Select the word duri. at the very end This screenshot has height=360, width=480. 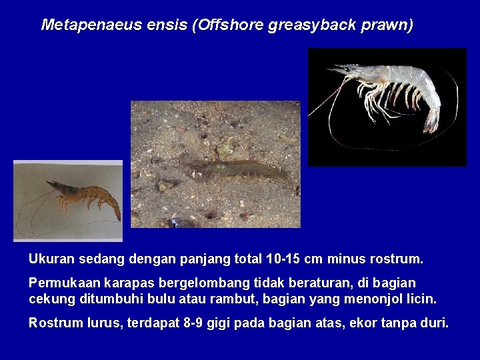(x=434, y=323)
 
